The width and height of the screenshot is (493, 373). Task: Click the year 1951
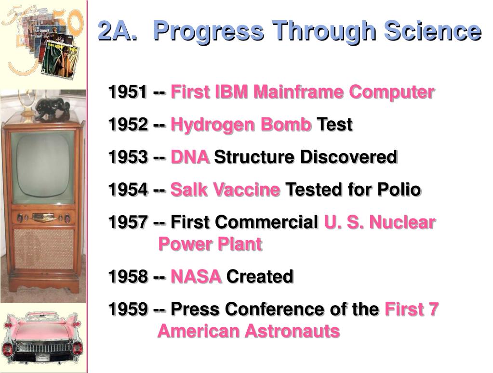pos(128,91)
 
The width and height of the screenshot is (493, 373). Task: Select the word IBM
pos(231,91)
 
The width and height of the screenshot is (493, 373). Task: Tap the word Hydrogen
pos(213,125)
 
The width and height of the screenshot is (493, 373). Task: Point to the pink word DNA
pos(190,157)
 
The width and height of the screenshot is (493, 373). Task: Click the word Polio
pos(399,189)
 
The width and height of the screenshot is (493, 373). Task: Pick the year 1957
pos(128,222)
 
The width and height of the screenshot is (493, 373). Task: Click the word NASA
pos(196,277)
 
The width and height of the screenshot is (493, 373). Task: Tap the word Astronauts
pos(293,331)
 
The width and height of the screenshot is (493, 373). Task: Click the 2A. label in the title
pos(117,31)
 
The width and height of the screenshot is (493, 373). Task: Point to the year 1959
pos(128,309)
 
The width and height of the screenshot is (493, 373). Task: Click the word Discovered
pos(349,157)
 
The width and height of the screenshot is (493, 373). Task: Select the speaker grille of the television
pos(44,249)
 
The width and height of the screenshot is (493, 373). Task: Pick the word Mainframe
pos(298,91)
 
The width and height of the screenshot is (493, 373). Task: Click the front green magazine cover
pos(60,60)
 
